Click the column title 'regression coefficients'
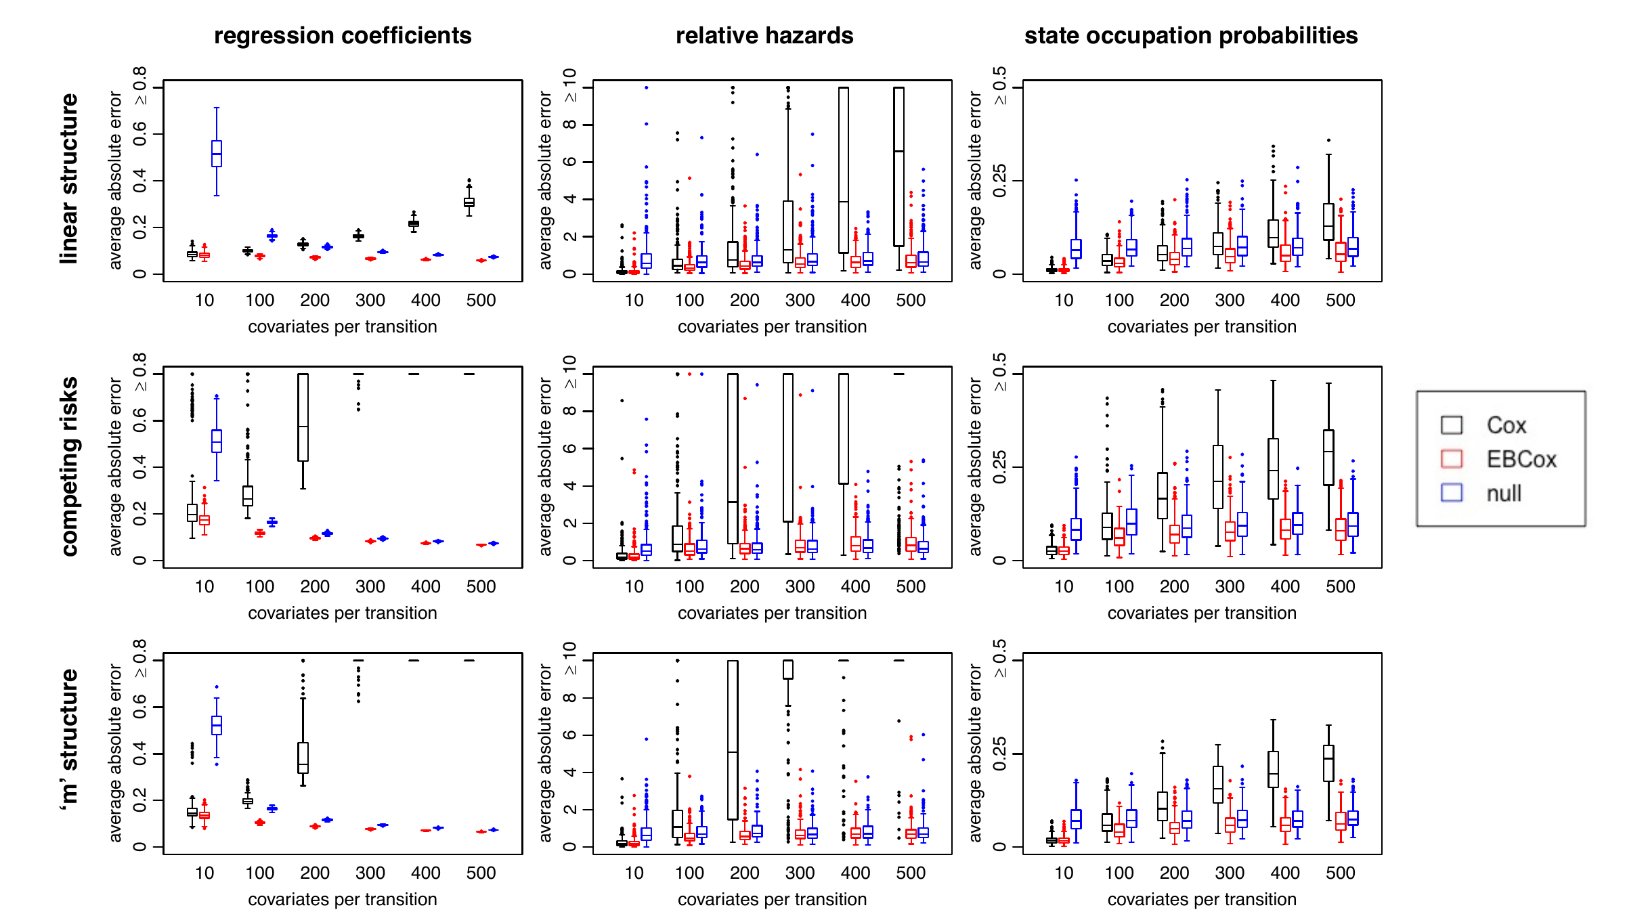coord(343,35)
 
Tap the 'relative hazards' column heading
coord(764,35)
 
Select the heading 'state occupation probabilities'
coord(1190,35)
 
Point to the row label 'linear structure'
coord(69,179)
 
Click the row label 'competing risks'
coord(69,466)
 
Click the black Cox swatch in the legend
coord(1452,425)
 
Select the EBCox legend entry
coord(1521,460)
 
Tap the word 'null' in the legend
coord(1504,494)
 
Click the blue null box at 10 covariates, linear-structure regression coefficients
coord(217,154)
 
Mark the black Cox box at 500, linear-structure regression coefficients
coord(469,202)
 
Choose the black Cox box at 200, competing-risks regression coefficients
coord(303,417)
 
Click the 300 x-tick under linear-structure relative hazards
coord(800,300)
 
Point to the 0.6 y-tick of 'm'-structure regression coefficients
coord(139,707)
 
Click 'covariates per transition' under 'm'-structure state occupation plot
coord(1202,899)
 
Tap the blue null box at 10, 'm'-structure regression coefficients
coord(217,725)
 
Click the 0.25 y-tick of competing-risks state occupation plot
coord(999,467)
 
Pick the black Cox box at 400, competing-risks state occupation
coord(1273,469)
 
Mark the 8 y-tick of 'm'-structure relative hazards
coord(569,698)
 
